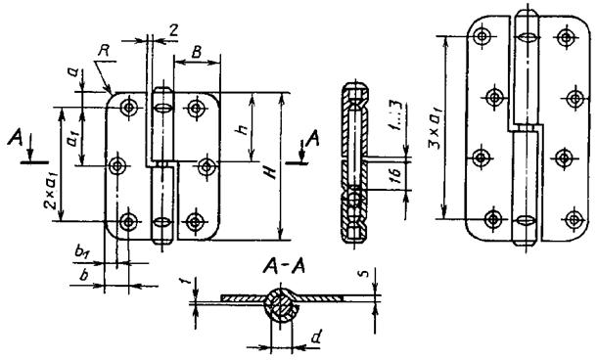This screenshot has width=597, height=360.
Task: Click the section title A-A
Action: [x=284, y=267]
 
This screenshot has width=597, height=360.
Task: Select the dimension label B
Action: [x=196, y=52]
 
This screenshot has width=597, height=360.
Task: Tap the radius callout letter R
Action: [x=103, y=51]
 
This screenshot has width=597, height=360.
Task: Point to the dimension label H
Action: [x=271, y=173]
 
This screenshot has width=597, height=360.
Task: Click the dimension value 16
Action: [x=396, y=176]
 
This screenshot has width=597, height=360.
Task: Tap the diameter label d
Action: [x=316, y=337]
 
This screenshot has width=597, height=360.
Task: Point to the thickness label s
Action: [x=364, y=273]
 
